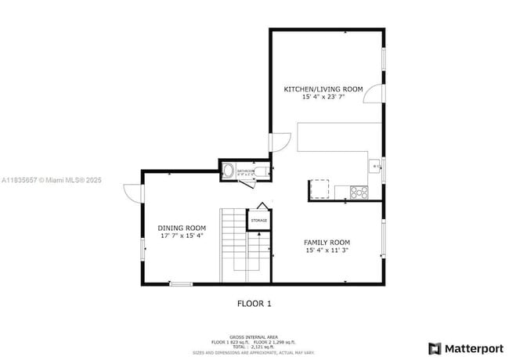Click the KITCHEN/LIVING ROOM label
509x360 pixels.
pyautogui.click(x=323, y=90)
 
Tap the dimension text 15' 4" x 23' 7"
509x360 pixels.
pyautogui.click(x=323, y=98)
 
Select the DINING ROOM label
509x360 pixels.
pyautogui.click(x=182, y=228)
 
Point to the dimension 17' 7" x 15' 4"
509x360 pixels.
pyautogui.click(x=182, y=236)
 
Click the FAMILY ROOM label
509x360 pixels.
pyautogui.click(x=327, y=243)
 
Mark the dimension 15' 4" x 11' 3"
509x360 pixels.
pyautogui.click(x=327, y=250)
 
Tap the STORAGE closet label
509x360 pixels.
pyautogui.click(x=258, y=221)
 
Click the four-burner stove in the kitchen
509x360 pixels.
pyautogui.click(x=359, y=191)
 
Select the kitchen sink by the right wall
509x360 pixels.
pyautogui.click(x=376, y=166)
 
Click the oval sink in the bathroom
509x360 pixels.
pyautogui.click(x=229, y=172)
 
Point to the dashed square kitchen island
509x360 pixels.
pyautogui.click(x=319, y=190)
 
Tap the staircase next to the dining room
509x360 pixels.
pyautogui.click(x=233, y=245)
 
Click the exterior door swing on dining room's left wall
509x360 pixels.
pyautogui.click(x=132, y=193)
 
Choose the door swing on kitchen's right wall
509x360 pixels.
pyautogui.click(x=375, y=93)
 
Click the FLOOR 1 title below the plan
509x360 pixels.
pyautogui.click(x=254, y=303)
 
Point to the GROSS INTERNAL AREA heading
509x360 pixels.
pyautogui.click(x=254, y=337)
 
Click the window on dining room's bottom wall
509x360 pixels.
pyautogui.click(x=181, y=283)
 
